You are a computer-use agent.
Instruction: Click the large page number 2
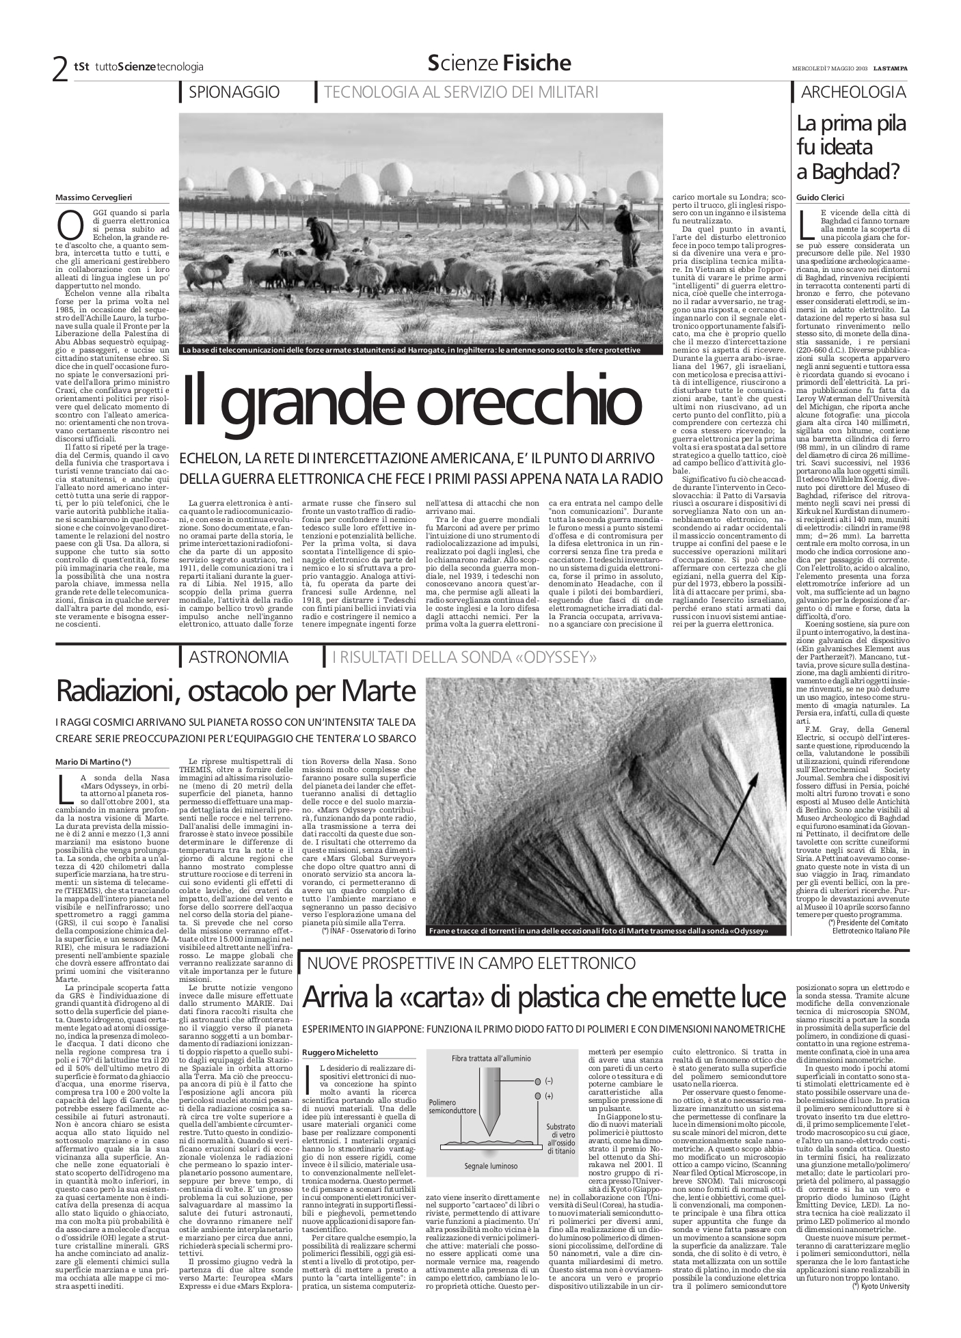[x=61, y=68]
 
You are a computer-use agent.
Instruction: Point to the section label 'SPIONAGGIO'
[x=234, y=92]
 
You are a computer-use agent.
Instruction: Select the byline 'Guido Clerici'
[x=820, y=197]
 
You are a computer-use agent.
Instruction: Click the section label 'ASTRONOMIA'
[x=238, y=657]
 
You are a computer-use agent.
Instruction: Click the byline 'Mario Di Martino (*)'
[x=93, y=761]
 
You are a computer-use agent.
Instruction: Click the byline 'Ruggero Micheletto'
[x=340, y=1052]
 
